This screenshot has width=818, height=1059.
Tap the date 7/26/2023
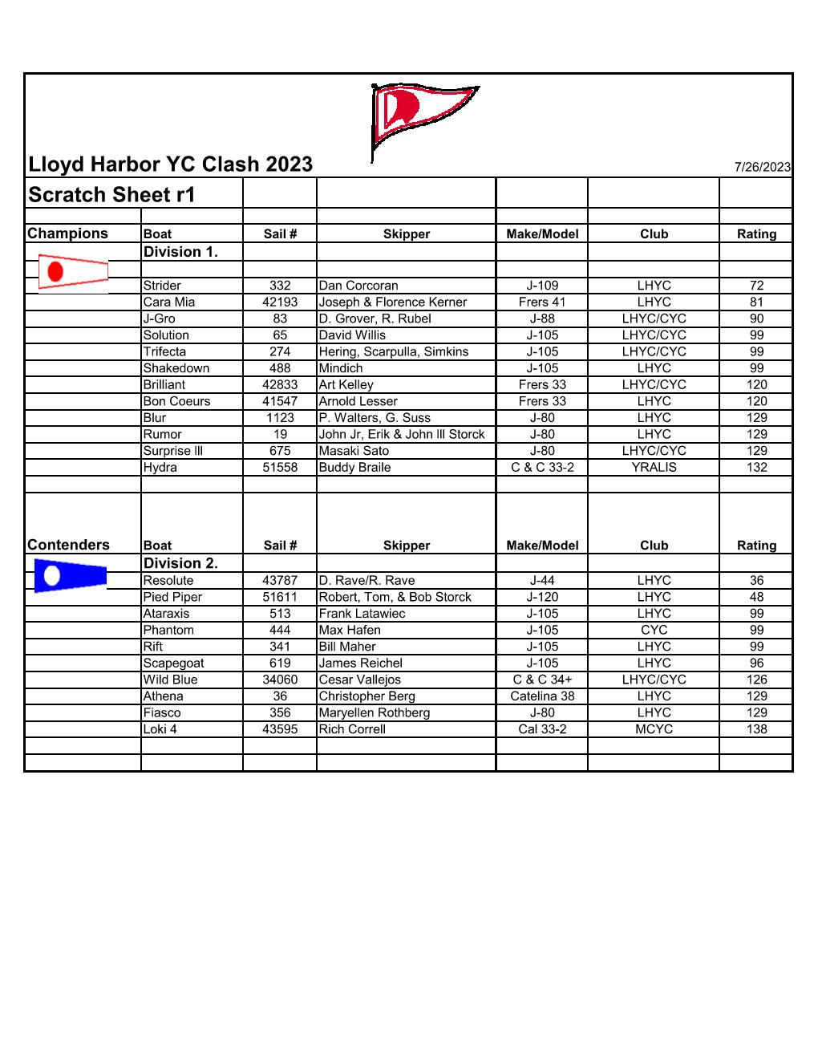762,167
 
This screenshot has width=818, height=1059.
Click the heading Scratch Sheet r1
111,195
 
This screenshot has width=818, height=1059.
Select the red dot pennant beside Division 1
72,272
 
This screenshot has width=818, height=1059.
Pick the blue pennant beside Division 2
71,575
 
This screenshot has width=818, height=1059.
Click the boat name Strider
162,286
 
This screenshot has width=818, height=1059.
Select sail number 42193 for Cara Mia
280,302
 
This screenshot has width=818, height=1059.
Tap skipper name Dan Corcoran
358,286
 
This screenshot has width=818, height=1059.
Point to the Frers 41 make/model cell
542,302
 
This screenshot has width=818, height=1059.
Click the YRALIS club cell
654,468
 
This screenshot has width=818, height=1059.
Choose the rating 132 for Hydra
756,468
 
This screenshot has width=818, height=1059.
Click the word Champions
67,233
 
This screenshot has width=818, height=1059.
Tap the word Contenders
68,545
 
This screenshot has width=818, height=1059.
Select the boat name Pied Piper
172,597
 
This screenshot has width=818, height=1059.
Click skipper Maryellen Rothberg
375,713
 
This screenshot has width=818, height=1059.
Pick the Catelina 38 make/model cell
542,696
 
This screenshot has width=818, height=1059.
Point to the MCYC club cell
654,729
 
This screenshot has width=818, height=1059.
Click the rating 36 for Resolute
756,581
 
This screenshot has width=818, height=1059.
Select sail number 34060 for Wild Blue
280,680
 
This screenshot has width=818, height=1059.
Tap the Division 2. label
180,563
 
